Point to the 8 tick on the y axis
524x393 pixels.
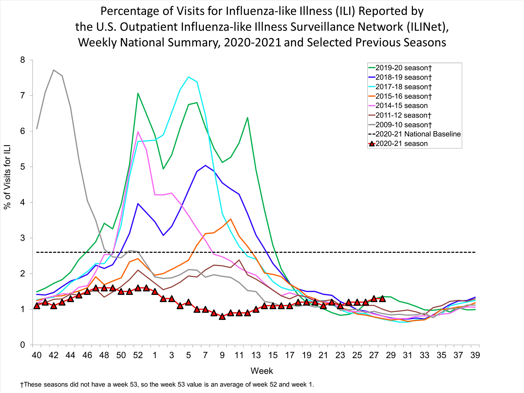point(23,60)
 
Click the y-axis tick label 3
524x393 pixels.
point(23,238)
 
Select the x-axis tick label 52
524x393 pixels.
point(138,355)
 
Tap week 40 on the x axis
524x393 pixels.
point(37,355)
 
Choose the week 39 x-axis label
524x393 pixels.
point(475,355)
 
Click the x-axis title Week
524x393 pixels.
point(262,371)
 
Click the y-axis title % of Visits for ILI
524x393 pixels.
point(7,177)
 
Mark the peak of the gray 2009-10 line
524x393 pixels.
point(53,70)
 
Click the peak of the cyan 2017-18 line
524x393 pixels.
point(189,77)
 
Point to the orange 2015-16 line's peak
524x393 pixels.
point(231,219)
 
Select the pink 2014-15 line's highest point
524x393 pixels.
point(138,132)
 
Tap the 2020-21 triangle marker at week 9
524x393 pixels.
point(222,316)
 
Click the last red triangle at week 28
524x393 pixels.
point(383,299)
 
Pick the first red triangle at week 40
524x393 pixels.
point(37,306)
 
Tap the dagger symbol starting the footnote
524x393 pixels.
point(22,385)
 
